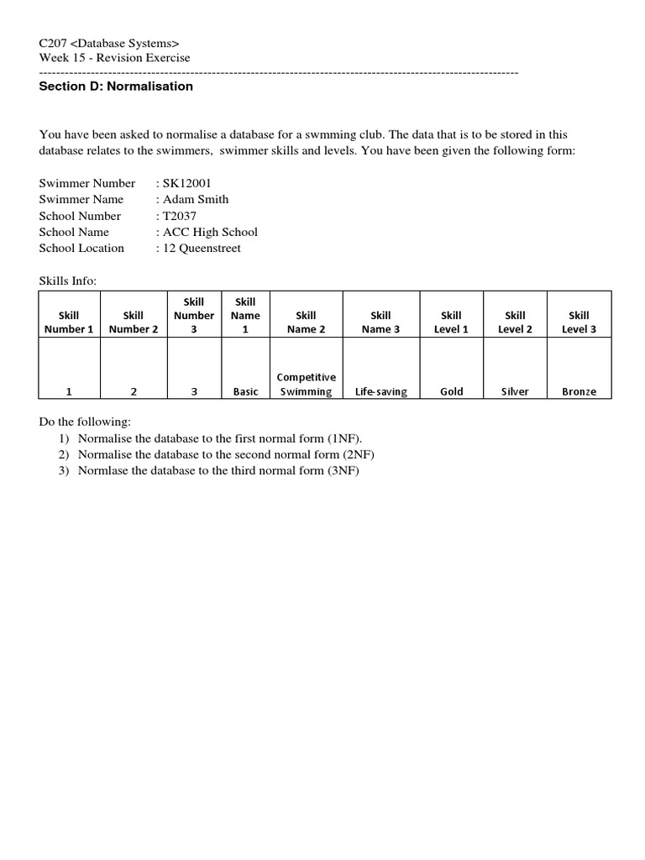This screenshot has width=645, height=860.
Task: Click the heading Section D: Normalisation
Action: pyautogui.click(x=116, y=87)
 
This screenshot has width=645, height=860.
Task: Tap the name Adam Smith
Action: pyautogui.click(x=196, y=199)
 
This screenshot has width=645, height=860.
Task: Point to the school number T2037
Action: pyautogui.click(x=180, y=216)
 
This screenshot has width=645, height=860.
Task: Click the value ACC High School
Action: pyautogui.click(x=210, y=232)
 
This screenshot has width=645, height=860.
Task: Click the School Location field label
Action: pyautogui.click(x=81, y=248)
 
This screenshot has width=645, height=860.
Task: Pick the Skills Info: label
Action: pyautogui.click(x=68, y=281)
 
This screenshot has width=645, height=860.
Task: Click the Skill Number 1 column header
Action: pyautogui.click(x=69, y=322)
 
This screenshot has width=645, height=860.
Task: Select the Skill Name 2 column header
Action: pyautogui.click(x=306, y=322)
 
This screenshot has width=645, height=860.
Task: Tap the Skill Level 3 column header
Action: pyautogui.click(x=579, y=322)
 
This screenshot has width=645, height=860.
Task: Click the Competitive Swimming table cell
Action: pyautogui.click(x=306, y=385)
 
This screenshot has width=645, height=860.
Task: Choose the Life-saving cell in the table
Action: pyautogui.click(x=380, y=391)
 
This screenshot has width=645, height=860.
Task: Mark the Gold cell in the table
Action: pyautogui.click(x=451, y=391)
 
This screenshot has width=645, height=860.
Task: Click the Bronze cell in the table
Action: pyautogui.click(x=579, y=391)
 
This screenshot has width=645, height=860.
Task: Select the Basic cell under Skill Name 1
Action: pyautogui.click(x=245, y=391)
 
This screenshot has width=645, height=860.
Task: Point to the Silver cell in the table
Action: pyautogui.click(x=515, y=391)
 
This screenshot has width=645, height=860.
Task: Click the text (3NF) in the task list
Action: pyautogui.click(x=343, y=470)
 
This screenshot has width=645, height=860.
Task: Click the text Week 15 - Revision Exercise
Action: pyautogui.click(x=114, y=58)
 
